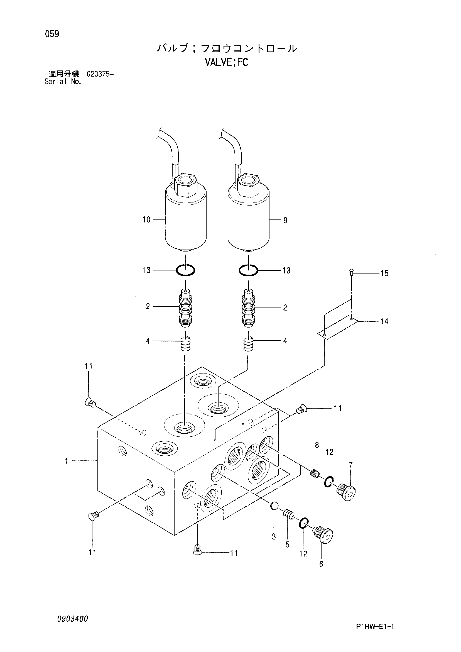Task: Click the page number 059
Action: (52, 34)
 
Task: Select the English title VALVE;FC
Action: (227, 62)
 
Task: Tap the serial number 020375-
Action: (100, 75)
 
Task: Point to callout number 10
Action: (146, 219)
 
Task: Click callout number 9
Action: (285, 220)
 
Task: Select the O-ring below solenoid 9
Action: (248, 270)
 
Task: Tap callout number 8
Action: (317, 445)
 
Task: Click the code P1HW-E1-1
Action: (375, 626)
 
